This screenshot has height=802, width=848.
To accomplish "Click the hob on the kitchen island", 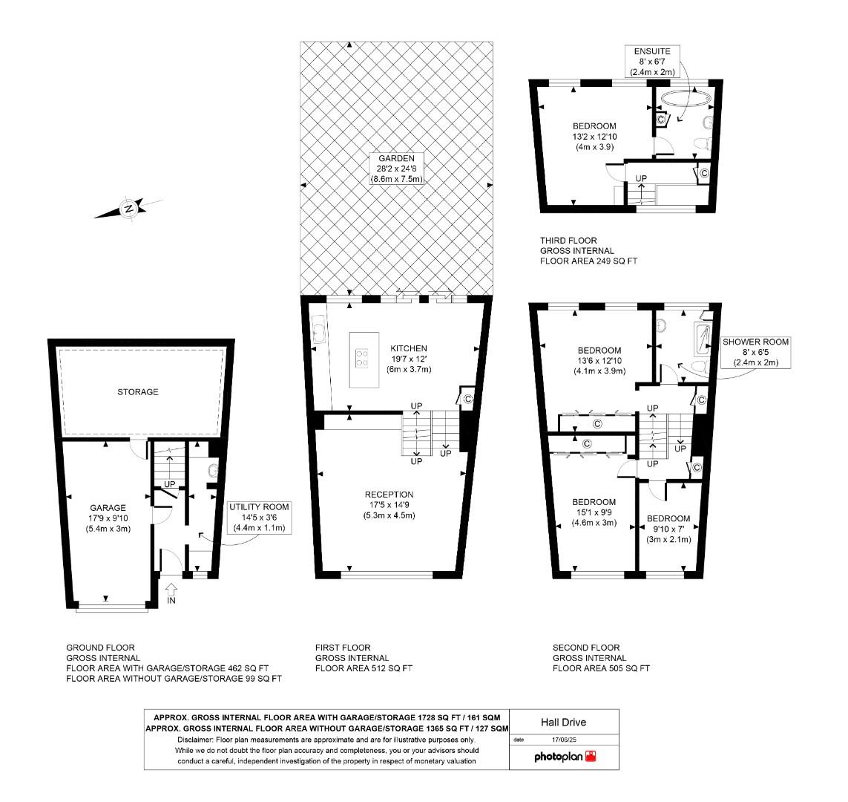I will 363,359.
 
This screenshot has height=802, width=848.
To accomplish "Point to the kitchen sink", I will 319,330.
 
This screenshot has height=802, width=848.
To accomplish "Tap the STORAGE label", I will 137,391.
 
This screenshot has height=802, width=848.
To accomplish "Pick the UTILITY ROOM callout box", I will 259,517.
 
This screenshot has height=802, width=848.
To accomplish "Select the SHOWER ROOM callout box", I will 756,352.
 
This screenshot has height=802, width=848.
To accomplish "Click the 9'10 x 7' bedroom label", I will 668,529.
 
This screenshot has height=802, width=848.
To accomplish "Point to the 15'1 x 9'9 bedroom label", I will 594,512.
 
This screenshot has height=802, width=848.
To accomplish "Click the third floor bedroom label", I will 594,137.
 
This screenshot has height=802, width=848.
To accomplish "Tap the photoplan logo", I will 565,757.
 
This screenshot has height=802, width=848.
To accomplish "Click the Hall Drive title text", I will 565,721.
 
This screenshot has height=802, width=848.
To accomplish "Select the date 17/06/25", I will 565,740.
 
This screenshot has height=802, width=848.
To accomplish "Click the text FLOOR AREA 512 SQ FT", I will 364,668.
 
